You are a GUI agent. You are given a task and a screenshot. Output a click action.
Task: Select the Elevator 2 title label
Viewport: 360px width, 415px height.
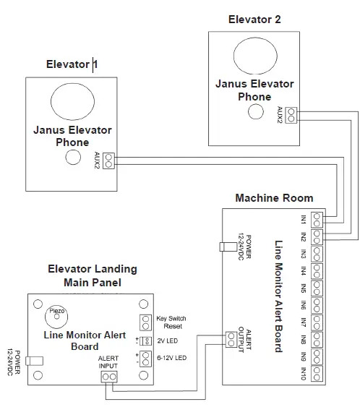pos(254,20)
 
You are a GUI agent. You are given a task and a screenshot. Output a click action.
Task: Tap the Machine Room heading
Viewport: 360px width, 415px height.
pos(274,197)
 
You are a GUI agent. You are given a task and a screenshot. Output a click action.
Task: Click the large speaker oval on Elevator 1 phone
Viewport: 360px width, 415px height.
pos(72,101)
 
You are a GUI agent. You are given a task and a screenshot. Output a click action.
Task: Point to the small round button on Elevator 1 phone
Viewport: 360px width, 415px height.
pos(72,159)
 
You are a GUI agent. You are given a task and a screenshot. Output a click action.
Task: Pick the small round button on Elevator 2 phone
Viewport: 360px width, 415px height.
pos(254,111)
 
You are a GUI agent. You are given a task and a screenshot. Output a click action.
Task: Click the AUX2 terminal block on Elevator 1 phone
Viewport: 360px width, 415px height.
pos(108,161)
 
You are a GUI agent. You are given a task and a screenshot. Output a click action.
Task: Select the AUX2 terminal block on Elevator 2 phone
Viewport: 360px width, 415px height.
pos(291,114)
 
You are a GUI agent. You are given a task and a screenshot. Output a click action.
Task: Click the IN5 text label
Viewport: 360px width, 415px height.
pos(304,288)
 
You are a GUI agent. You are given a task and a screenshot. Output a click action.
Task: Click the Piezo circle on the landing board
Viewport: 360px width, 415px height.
pos(56,314)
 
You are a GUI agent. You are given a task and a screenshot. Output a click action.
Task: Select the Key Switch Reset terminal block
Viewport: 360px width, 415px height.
pos(144,322)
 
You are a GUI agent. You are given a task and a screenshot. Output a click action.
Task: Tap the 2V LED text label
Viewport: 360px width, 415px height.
pos(168,340)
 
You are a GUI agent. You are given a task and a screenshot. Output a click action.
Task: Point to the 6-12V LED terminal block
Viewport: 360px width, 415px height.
pos(144,358)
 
